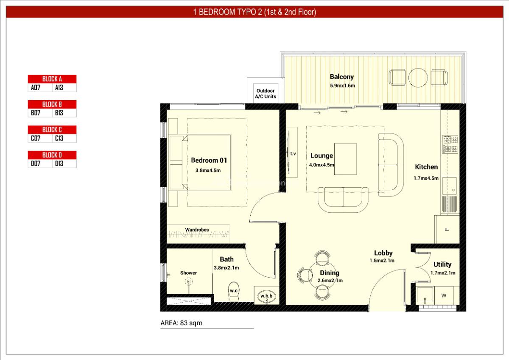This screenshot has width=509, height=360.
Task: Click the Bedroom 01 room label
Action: tap(209, 160)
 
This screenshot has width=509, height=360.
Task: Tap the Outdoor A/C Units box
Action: tap(265, 93)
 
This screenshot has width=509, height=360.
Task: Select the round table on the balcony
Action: tap(417, 77)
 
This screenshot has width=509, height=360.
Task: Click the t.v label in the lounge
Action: tap(293, 154)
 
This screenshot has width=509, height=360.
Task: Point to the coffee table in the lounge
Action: tap(345, 159)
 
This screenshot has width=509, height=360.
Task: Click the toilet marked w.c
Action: tap(233, 290)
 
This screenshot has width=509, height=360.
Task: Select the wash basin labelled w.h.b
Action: tap(266, 295)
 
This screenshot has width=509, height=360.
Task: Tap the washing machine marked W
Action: tap(444, 295)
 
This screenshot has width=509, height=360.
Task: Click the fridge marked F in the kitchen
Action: tap(446, 230)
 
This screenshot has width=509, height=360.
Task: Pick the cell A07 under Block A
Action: tap(36, 88)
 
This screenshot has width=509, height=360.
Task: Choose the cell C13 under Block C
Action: tap(59, 138)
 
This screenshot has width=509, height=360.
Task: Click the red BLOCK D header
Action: tap(52, 155)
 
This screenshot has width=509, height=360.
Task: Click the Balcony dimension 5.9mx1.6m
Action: tap(342, 86)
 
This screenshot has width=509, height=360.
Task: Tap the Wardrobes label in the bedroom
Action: tap(197, 230)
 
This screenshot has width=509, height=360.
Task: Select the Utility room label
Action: tap(442, 264)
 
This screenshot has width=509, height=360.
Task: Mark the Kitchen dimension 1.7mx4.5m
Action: tap(426, 178)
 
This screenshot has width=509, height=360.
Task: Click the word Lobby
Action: tap(383, 253)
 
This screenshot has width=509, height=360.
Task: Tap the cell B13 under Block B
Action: tap(59, 113)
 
